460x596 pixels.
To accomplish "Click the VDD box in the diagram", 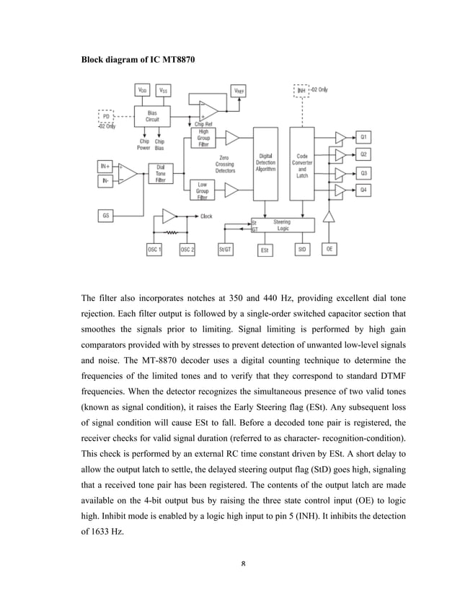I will [x=143, y=90].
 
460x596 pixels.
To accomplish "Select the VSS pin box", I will [x=164, y=90].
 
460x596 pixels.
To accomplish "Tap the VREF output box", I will [x=237, y=90].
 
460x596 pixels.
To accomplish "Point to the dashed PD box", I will [x=107, y=115].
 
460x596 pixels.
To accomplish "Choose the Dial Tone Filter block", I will [x=160, y=174].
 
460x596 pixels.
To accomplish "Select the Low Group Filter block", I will [x=203, y=190].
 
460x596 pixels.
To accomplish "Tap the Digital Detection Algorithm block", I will [x=265, y=165].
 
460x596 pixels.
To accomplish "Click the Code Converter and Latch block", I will [x=302, y=165].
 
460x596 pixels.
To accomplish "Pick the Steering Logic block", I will [x=282, y=226].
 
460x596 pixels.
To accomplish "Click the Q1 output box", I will [x=364, y=136].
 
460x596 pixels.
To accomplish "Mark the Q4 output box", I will [x=364, y=190].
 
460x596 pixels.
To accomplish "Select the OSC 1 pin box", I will [x=154, y=249].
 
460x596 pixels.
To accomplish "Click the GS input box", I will [x=107, y=214].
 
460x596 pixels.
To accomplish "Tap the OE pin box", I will [x=329, y=249].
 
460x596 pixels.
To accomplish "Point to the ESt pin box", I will [x=265, y=250].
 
